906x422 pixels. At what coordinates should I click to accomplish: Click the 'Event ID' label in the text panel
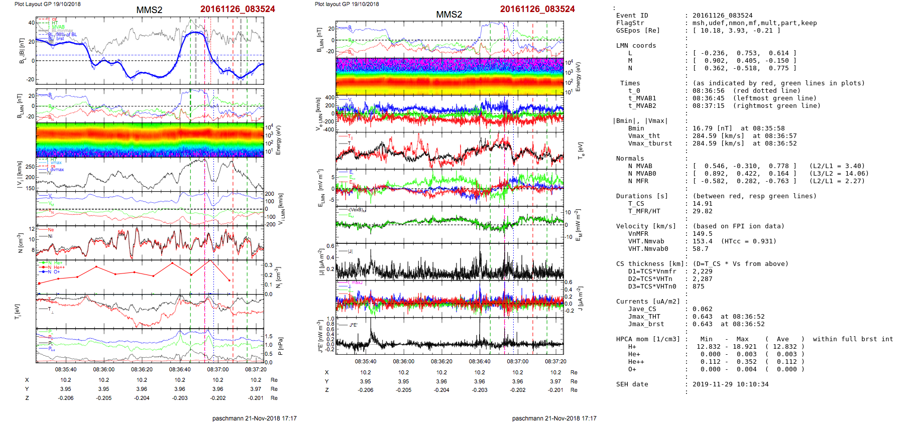pos(632,16)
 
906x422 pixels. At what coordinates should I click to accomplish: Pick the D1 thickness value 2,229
pos(702,271)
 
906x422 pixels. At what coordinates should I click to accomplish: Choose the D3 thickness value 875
pos(698,287)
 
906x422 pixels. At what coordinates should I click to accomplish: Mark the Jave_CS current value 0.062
pos(702,309)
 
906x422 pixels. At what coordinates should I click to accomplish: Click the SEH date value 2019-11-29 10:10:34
pos(730,384)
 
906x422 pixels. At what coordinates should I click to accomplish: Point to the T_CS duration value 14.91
pos(702,204)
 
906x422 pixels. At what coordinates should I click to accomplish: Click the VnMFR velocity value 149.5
pos(702,234)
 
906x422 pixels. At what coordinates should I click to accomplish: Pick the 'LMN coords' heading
pos(636,46)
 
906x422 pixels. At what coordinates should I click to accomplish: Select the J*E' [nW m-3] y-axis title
pos(319,336)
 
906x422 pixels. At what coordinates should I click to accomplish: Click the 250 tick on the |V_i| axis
pos(30,167)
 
